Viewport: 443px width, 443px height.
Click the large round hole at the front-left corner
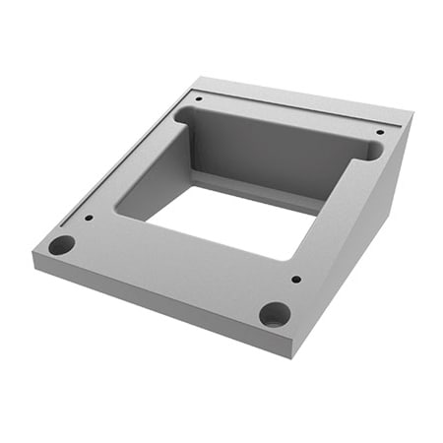61,244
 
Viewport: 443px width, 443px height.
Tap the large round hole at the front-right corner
275,315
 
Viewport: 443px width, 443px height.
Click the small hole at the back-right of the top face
380,132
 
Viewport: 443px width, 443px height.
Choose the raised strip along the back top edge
295,98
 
